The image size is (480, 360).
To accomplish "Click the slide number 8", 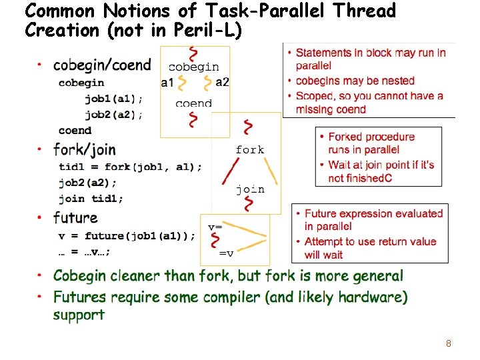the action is coord(449,344).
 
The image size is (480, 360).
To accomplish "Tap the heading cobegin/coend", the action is coord(102,65).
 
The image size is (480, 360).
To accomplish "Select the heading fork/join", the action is coord(84,149).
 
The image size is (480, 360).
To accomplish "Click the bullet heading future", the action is coord(75,218).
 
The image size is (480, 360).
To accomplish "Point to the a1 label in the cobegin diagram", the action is coord(167,83).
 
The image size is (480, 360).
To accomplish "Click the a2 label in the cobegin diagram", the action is coord(222,82).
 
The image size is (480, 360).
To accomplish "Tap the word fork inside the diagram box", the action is coord(250,149).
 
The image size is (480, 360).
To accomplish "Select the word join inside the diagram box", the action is coord(250,189).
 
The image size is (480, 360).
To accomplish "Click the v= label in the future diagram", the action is coord(215,227).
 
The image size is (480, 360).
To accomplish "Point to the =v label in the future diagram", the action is coord(227,253).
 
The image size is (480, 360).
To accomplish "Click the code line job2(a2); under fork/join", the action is coord(87,182).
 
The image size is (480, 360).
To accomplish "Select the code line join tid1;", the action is coord(91,198).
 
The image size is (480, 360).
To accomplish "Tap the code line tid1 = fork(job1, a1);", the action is coord(130,166).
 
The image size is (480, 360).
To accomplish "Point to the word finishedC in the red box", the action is coord(368,178).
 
